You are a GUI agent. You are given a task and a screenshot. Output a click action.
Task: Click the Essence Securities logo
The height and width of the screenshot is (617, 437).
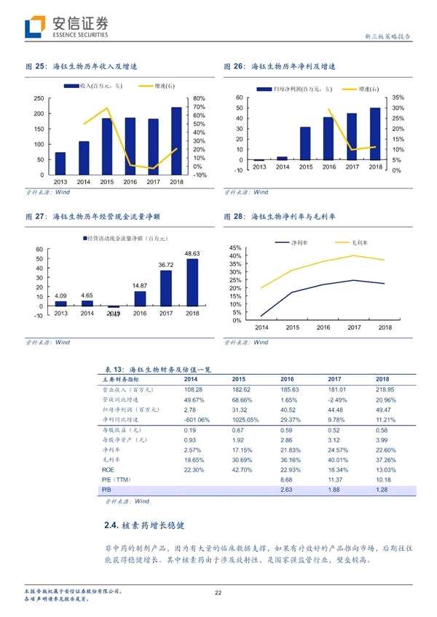tap(66, 27)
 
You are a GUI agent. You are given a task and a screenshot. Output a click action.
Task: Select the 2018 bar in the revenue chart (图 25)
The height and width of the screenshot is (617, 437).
tap(176, 141)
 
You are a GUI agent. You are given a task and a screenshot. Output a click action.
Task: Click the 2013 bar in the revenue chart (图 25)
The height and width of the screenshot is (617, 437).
tap(60, 164)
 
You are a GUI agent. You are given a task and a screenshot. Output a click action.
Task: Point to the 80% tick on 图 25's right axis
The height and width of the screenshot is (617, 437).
tap(200, 98)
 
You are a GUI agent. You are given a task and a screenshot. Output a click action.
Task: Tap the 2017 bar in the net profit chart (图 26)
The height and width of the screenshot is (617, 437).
tap(352, 137)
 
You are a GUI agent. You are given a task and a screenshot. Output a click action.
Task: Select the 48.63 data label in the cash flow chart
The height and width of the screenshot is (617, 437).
tap(192, 253)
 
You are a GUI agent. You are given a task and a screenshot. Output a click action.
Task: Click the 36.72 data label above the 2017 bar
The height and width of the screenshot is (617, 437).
tap(165, 265)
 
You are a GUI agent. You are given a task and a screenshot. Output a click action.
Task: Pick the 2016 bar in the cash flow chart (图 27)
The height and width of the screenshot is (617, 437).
tap(140, 298)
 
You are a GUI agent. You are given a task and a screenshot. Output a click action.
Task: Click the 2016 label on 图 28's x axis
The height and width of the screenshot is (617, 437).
tap(324, 328)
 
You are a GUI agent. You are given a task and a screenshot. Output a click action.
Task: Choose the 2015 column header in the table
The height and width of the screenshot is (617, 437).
tap(239, 379)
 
